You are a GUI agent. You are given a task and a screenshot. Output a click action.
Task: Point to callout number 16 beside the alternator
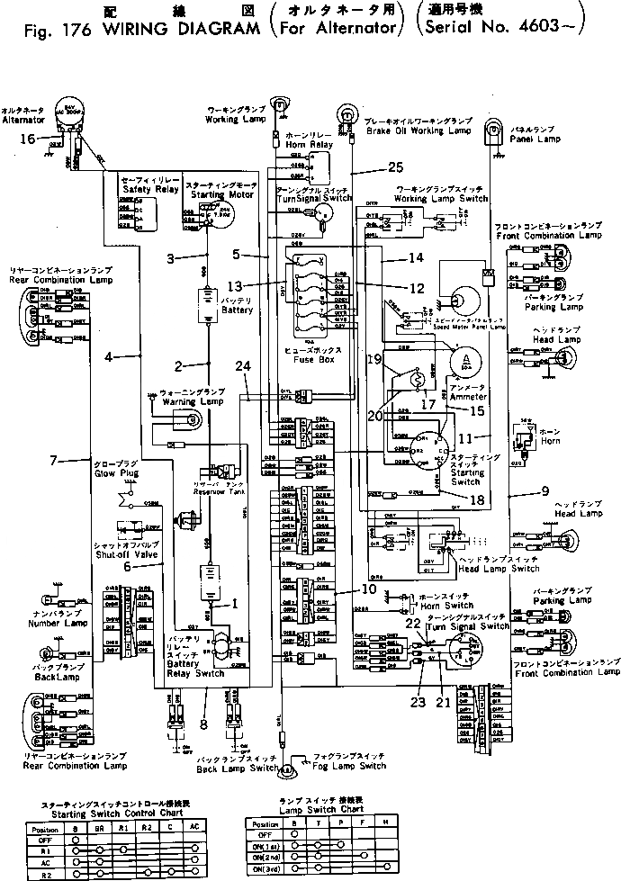27,139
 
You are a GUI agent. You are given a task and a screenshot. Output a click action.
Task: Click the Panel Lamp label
534,140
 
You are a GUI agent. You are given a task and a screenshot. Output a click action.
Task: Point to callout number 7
54,460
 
